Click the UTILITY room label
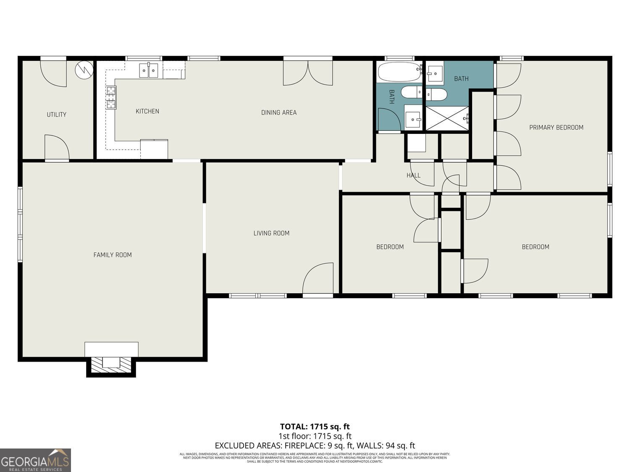56,115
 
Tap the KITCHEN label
147,111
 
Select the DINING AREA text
279,112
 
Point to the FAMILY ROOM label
113,255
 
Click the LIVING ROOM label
271,233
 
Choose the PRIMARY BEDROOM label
556,128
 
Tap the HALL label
413,175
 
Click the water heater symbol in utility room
84,70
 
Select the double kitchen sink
149,70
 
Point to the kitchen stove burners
111,97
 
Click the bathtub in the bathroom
399,72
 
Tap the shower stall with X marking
447,118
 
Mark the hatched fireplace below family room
111,363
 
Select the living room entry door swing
318,279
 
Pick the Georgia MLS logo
35,460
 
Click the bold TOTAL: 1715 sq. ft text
315,427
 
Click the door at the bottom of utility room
57,148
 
